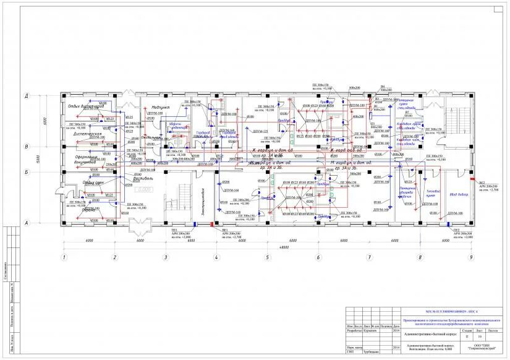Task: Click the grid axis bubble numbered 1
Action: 64,257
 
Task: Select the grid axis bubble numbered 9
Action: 470,257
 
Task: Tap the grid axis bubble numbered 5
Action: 267,257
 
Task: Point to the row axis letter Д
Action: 43,96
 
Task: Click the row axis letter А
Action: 43,223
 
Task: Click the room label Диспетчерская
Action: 87,134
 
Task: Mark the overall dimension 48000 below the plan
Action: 266,247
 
